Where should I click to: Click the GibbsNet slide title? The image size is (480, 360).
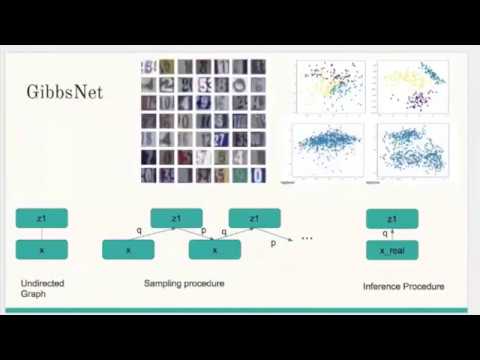[64, 92]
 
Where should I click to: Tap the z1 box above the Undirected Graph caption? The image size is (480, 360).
[41, 218]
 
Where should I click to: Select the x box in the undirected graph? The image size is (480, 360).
[41, 249]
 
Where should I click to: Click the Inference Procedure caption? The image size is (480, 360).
[403, 287]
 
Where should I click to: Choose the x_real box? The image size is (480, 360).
[392, 250]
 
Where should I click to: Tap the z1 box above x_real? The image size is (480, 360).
[392, 218]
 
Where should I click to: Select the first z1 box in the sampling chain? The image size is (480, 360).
[176, 218]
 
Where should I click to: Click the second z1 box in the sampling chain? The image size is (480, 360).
[254, 218]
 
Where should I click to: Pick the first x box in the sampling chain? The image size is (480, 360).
[128, 249]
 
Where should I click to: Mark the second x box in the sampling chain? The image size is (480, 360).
[214, 249]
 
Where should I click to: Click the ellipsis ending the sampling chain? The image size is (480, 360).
[306, 238]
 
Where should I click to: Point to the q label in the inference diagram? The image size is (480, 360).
[385, 234]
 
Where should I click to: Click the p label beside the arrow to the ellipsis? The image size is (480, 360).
[273, 243]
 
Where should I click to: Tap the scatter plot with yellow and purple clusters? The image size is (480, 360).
[412, 88]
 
